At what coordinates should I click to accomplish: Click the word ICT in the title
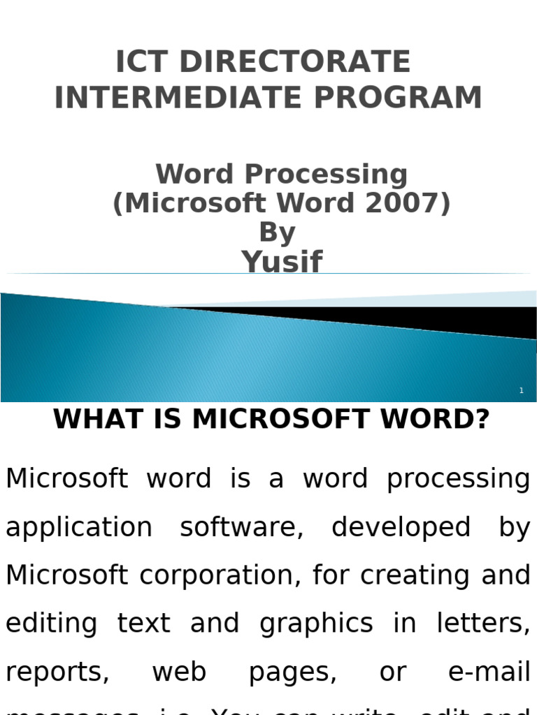pos(143,62)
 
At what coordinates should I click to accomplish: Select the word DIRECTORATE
pos(294,62)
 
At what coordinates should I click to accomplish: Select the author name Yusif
pos(282,263)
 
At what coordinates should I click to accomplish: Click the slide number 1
pos(522,391)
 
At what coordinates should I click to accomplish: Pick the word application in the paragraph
pos(78,528)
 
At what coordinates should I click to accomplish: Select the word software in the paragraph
pos(241,528)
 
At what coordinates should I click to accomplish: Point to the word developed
pos(401,528)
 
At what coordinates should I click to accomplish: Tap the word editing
pos(51,624)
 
